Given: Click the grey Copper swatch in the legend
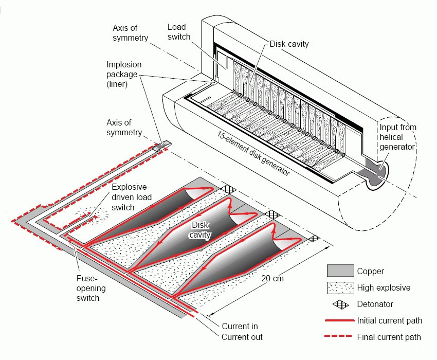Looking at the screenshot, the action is pos(340,271).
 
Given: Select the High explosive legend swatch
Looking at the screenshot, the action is pos(340,288).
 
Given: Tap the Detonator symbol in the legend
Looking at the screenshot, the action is pos(340,304).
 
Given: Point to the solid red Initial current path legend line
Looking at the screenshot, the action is pos(339,321).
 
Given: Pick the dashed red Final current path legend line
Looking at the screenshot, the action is pos(338,336).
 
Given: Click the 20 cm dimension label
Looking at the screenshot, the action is pos(272,278).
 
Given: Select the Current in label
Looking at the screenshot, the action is pos(240,326).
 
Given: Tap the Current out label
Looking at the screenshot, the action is pos(242,337).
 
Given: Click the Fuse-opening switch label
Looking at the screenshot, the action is pos(91,288).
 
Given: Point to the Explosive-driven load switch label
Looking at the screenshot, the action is pos(132,197).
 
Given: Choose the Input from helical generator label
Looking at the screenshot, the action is pos(398,137).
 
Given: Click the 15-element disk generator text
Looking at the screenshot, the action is pos(253,153).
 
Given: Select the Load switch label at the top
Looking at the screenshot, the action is pos(178,32).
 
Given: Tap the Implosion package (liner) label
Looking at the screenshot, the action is pos(124,74).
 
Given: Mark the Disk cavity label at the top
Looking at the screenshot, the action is pos(289,44).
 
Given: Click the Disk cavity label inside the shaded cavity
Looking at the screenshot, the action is pos(200,230).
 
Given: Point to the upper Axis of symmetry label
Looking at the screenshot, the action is pos(130,33).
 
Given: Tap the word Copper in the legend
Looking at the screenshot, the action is pos(370,271).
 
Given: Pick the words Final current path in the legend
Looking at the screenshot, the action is pos(389,337).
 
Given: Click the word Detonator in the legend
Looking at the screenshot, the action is pos(375,304).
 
